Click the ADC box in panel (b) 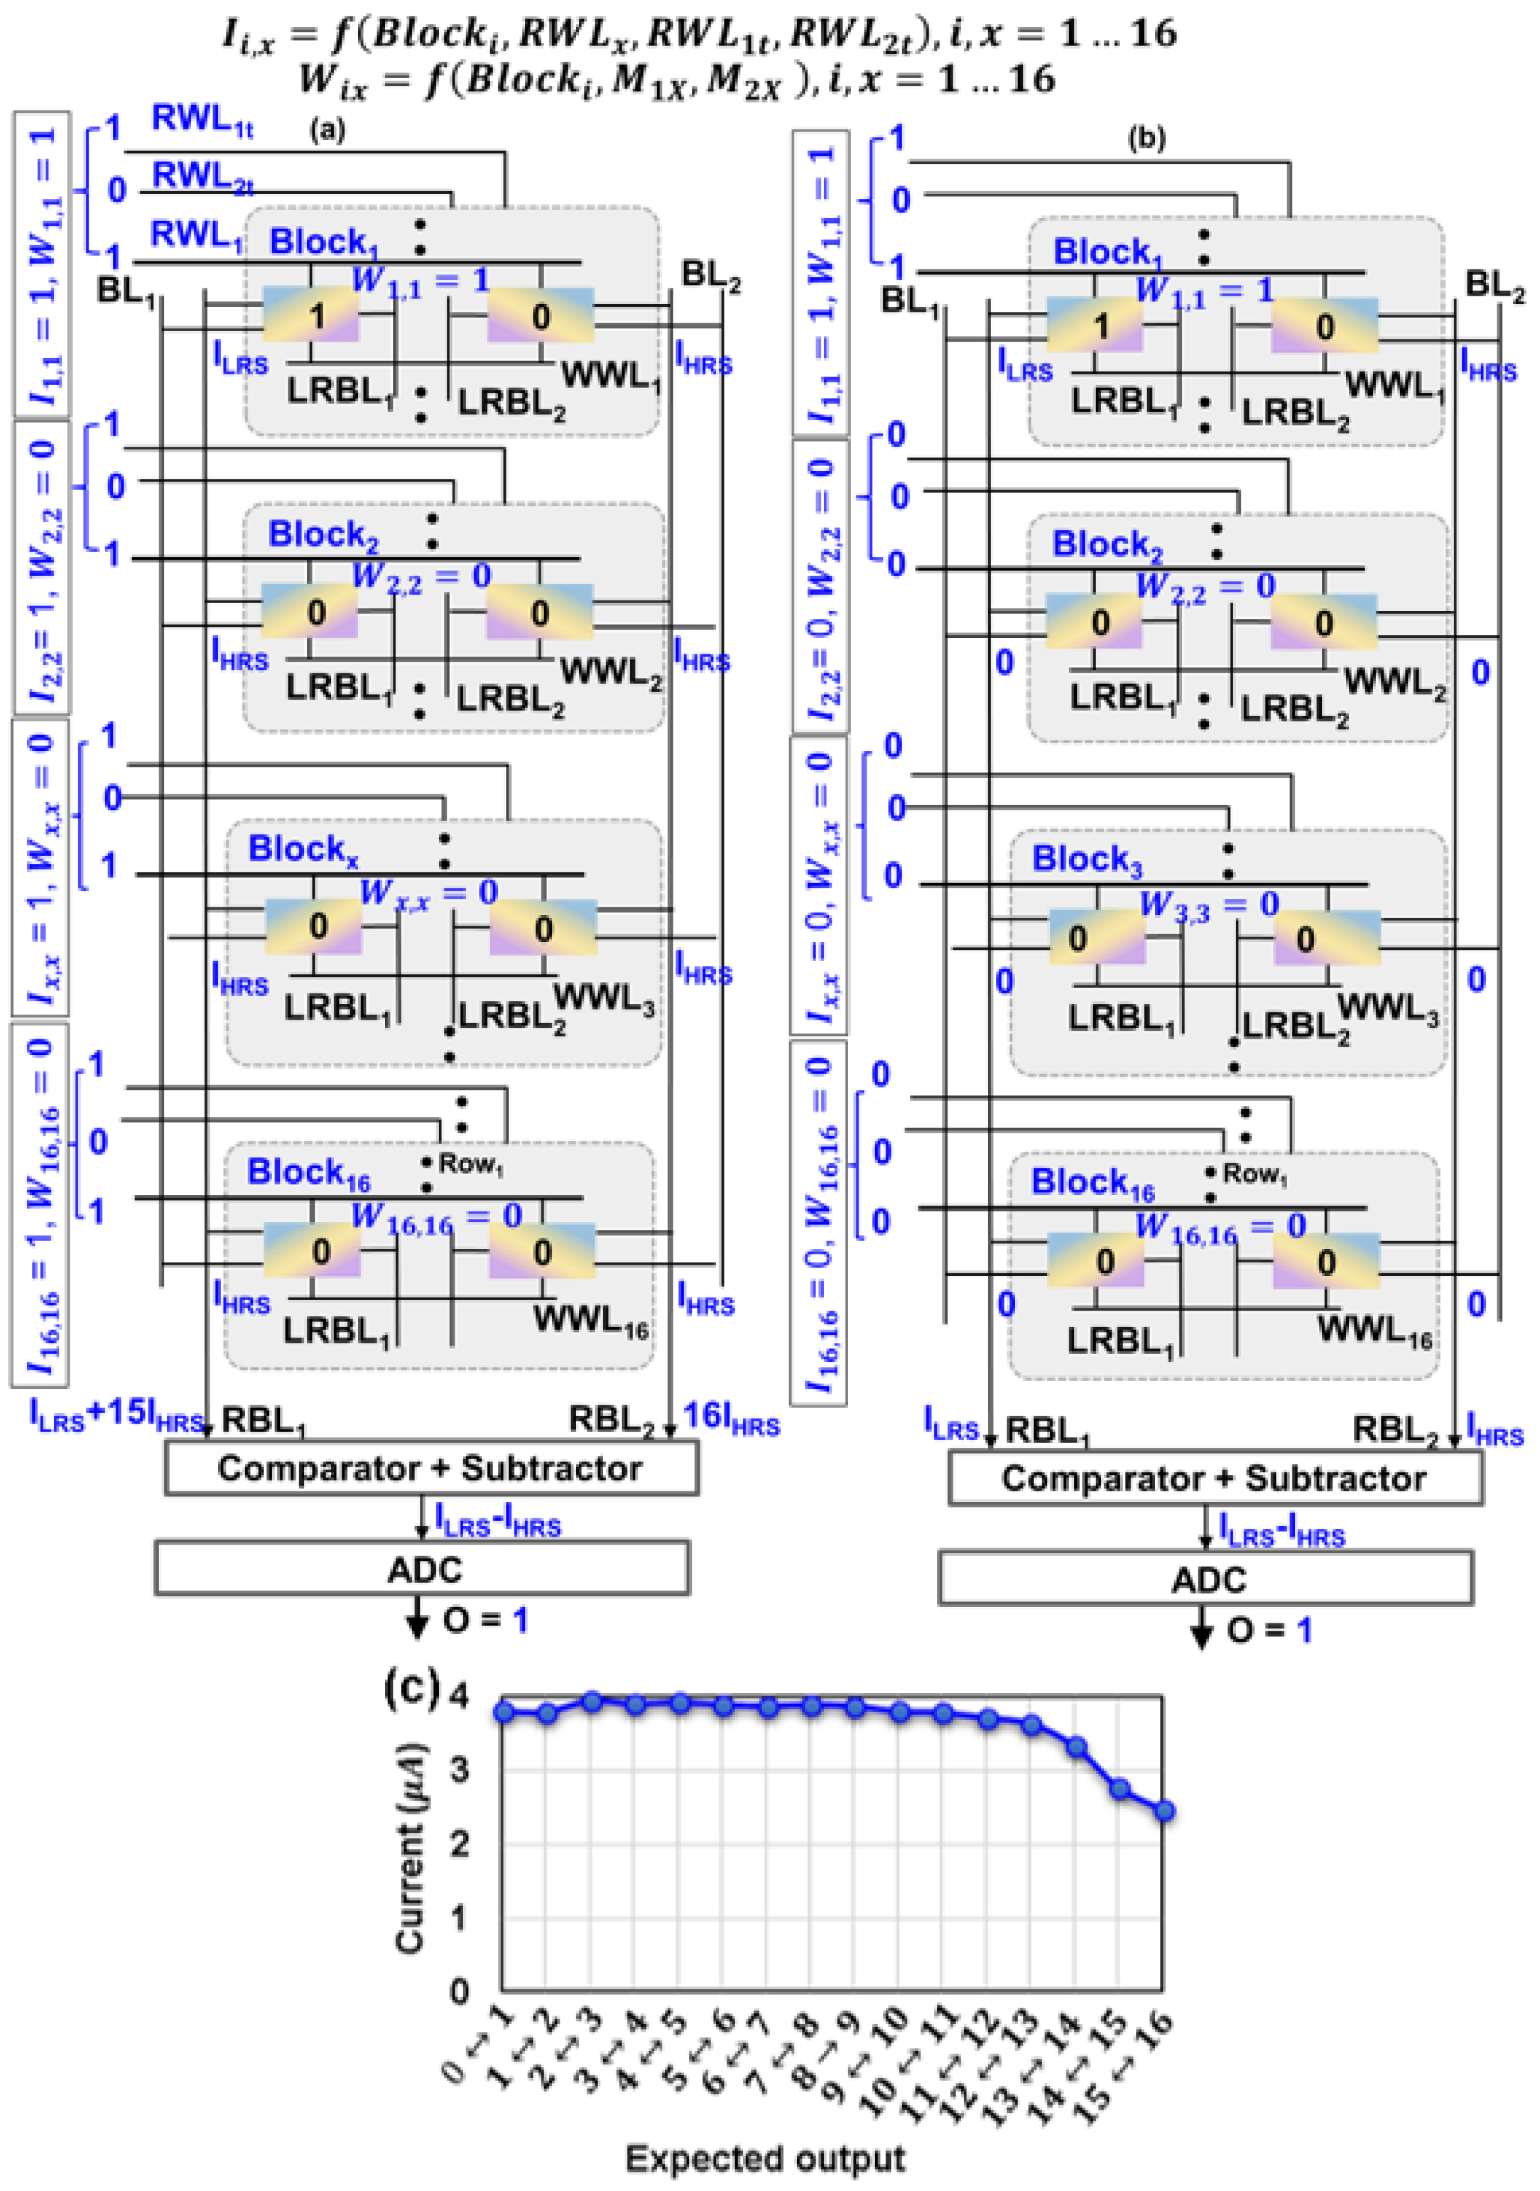1206,1578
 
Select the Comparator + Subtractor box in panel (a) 431,1468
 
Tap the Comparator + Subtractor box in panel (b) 1215,1478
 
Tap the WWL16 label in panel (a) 591,1322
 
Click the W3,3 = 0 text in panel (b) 1208,905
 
